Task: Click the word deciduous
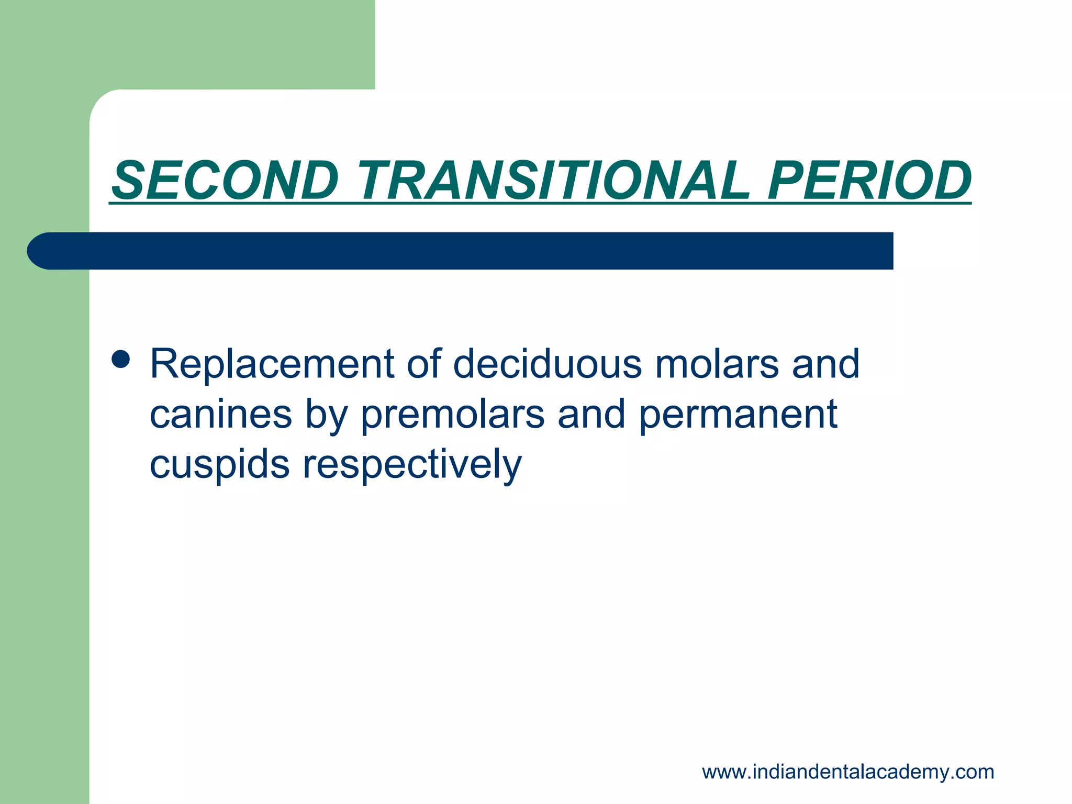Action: tap(547, 364)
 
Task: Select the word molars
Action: tap(717, 364)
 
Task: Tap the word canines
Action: tap(220, 414)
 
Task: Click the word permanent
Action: tap(739, 414)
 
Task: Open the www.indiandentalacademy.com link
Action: tap(848, 772)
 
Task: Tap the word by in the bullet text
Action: tap(327, 414)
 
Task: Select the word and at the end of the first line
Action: tap(825, 364)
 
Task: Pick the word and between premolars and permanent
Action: tap(591, 414)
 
